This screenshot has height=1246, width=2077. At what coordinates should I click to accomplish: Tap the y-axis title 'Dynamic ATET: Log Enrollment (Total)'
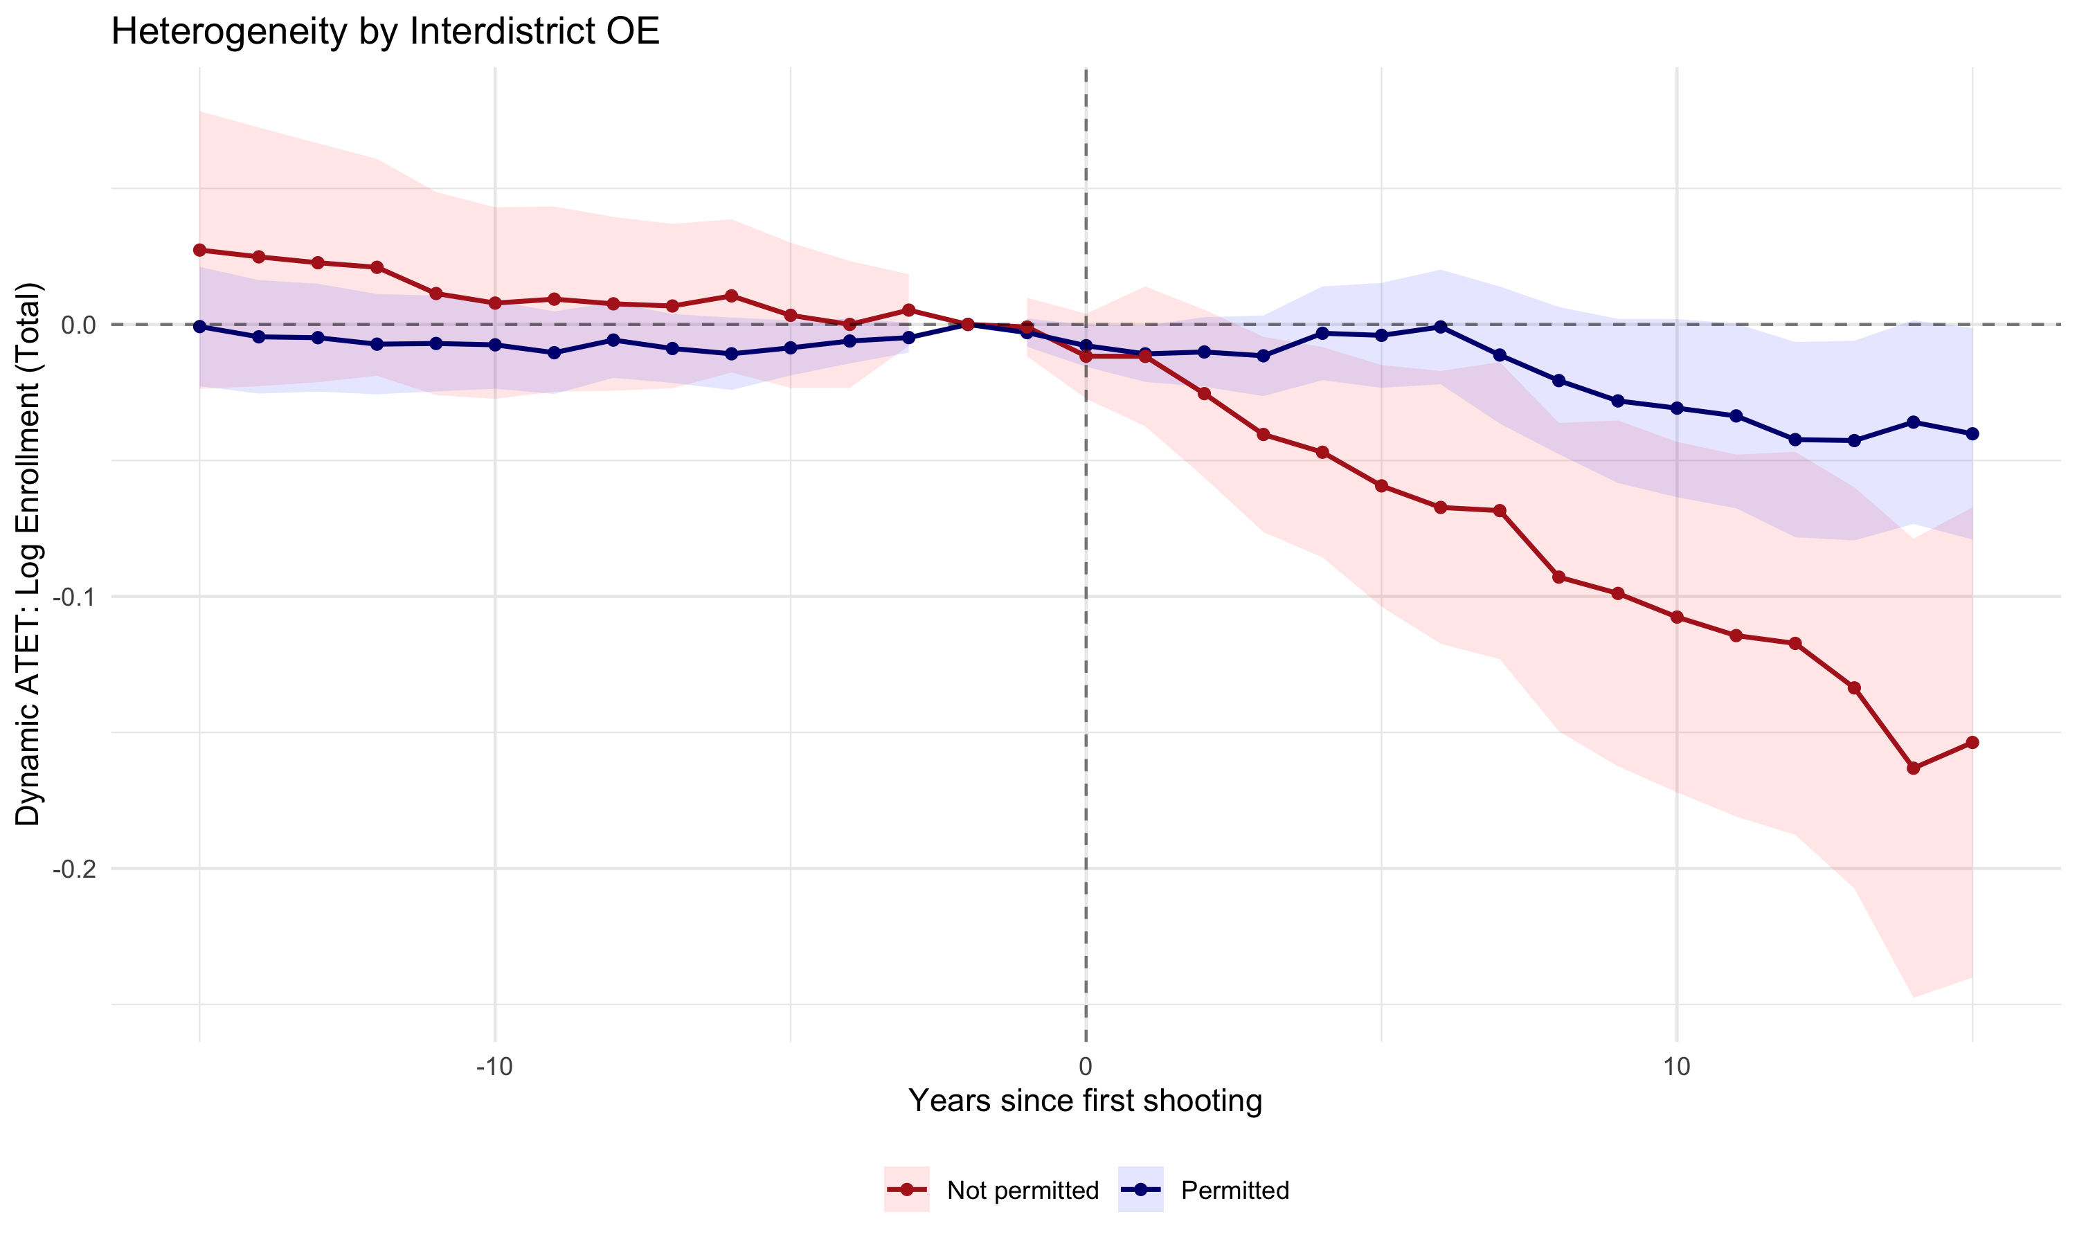(x=28, y=554)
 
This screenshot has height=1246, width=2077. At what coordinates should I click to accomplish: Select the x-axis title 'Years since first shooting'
(x=1085, y=1100)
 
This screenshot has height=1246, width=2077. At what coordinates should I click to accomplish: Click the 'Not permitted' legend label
(x=1022, y=1190)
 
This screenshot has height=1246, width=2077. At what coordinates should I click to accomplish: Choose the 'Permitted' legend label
(x=1234, y=1190)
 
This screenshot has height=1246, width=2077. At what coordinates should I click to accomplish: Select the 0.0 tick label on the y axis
(x=78, y=325)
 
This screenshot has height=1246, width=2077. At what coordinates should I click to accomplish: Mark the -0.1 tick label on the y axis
(x=74, y=597)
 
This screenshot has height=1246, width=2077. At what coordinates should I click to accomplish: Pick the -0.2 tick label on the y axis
(x=74, y=869)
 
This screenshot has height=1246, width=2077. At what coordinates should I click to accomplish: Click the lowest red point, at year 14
(x=1914, y=768)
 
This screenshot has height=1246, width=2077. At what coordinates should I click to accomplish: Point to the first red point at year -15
(x=200, y=250)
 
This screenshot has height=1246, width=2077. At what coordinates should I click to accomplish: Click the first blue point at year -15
(x=200, y=327)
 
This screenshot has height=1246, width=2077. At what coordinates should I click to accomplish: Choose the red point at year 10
(x=1678, y=617)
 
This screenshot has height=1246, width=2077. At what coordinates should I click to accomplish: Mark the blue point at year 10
(x=1678, y=408)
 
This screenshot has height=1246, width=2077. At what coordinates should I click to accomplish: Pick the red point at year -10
(x=495, y=303)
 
